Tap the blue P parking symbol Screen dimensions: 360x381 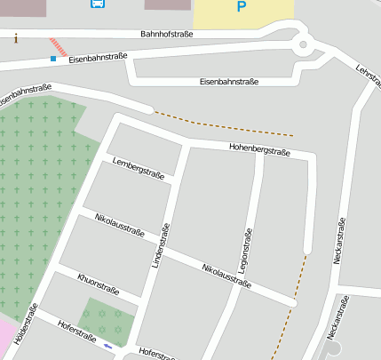(242, 7)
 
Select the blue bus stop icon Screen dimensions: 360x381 (96, 3)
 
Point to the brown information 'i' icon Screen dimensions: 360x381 (16, 38)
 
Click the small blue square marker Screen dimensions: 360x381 (53, 59)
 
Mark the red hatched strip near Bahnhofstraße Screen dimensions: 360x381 (58, 45)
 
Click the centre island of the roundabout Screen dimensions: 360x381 (303, 44)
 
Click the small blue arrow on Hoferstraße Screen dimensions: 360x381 (108, 346)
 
